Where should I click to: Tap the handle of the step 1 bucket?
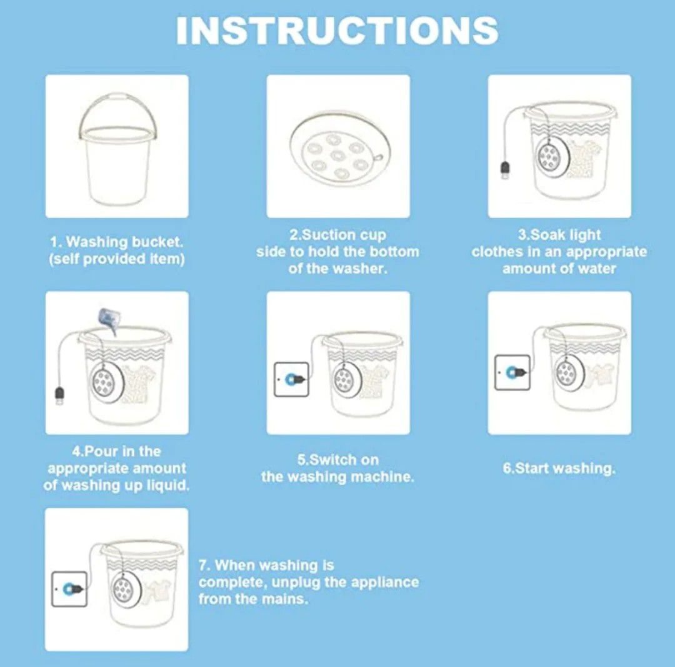[x=117, y=98]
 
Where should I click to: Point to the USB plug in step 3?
[x=506, y=170]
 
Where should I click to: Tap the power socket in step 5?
[x=291, y=379]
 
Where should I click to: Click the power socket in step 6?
[x=512, y=372]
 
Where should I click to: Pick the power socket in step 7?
[x=69, y=589]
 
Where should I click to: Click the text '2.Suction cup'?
[x=338, y=235]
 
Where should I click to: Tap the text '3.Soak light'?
[x=559, y=235]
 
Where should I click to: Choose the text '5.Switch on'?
[x=338, y=460]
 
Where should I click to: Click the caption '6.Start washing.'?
[x=559, y=468]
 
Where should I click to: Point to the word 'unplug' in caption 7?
[x=296, y=582]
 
